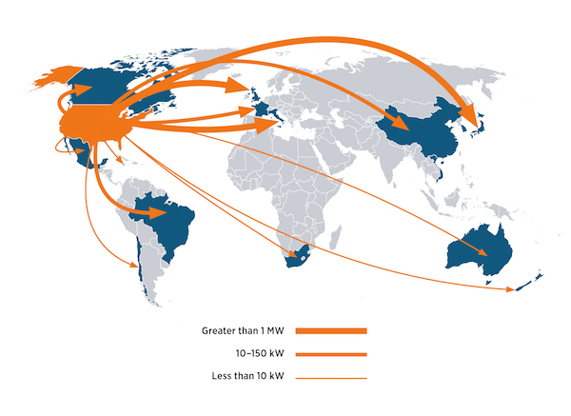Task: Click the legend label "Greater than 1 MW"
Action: click(x=242, y=330)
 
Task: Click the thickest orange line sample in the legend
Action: click(x=331, y=330)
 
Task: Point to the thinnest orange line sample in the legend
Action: click(x=331, y=378)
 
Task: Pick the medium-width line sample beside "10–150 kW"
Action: click(x=331, y=354)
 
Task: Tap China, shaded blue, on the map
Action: click(x=423, y=133)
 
